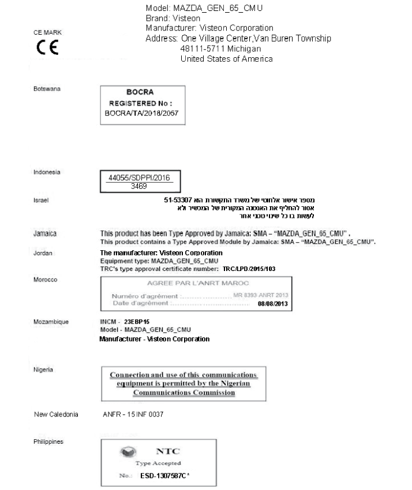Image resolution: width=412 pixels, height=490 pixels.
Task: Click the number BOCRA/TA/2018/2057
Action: pyautogui.click(x=141, y=114)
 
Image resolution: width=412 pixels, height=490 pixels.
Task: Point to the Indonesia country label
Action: pyautogui.click(x=47, y=172)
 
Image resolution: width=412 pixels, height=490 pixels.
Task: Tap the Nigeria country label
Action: pyautogui.click(x=43, y=367)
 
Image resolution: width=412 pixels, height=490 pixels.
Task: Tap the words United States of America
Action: pyautogui.click(x=227, y=59)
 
